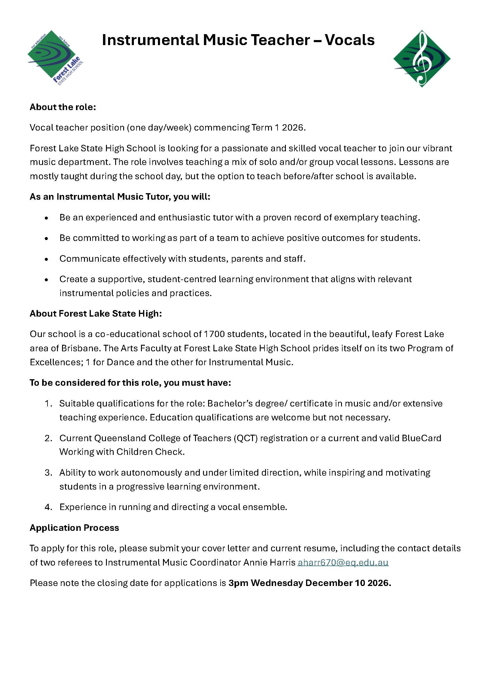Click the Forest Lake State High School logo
coord(55,58)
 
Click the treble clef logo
coord(422,59)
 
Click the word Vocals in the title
coord(349,40)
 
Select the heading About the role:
coord(63,107)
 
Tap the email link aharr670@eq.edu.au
coord(343,562)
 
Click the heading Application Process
coord(74,528)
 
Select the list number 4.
coord(48,507)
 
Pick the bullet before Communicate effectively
coord(46,259)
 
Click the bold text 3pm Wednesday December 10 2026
coord(310,583)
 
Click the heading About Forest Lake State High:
coord(96,314)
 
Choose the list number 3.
coord(48,473)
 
